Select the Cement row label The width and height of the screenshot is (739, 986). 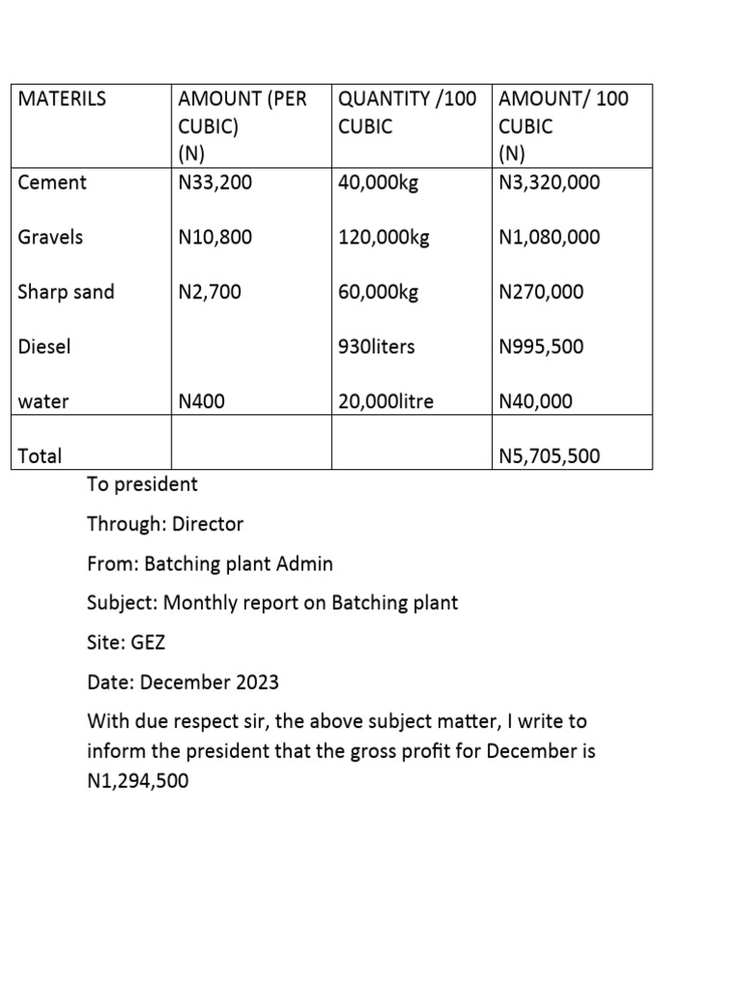[x=52, y=182]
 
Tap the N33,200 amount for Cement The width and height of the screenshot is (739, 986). [x=216, y=182]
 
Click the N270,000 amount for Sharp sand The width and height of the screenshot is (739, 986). [x=541, y=292]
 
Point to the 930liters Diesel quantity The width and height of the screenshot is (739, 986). [x=376, y=347]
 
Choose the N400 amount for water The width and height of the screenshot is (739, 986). [x=202, y=402]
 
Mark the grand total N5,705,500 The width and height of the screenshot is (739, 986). [x=549, y=456]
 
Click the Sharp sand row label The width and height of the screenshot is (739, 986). [x=65, y=292]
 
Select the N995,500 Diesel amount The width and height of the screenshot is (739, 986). [x=541, y=347]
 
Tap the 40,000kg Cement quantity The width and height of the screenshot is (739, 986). [x=378, y=182]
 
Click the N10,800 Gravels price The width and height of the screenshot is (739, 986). [x=216, y=237]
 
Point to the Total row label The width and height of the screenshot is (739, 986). [x=39, y=456]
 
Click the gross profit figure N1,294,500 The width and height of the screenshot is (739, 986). [x=138, y=781]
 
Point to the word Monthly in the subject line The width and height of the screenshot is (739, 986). [x=198, y=604]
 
